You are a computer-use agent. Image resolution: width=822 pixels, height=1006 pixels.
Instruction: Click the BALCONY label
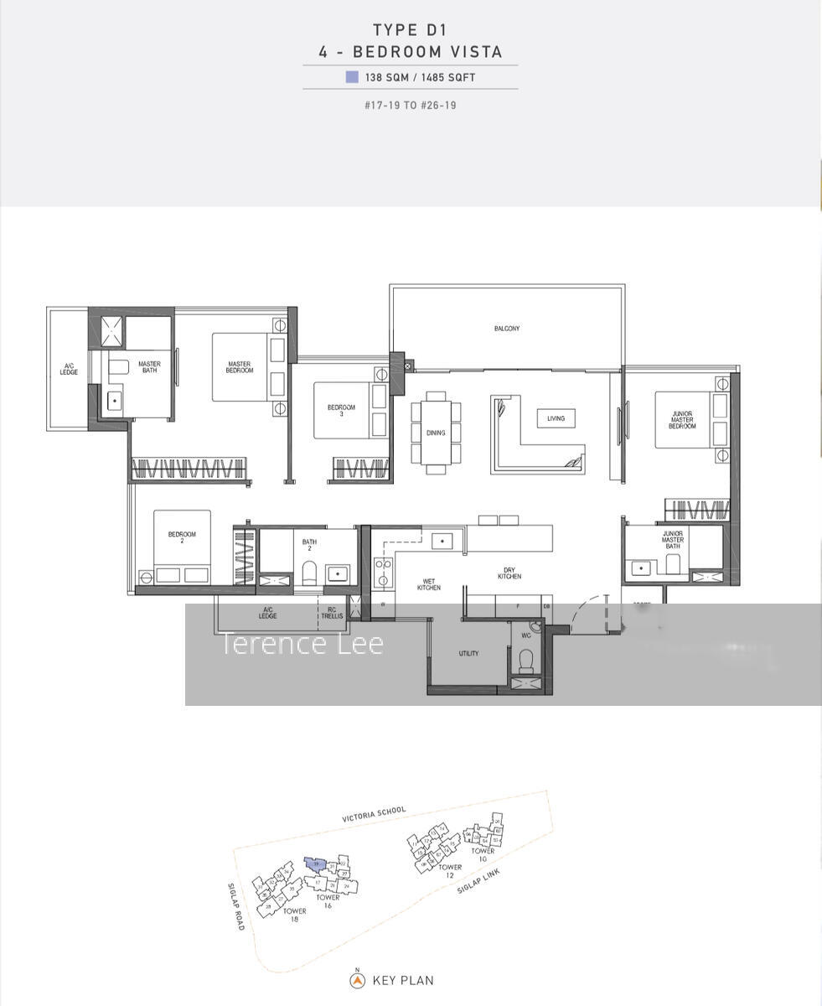click(x=506, y=329)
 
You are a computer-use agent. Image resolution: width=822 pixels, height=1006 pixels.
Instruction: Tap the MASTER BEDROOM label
click(x=239, y=367)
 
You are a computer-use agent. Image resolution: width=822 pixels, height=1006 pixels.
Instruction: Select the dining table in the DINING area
click(x=436, y=433)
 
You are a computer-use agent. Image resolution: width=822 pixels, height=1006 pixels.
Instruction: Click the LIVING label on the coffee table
click(x=556, y=418)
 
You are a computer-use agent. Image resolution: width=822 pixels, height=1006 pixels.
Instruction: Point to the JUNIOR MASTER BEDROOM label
click(x=681, y=419)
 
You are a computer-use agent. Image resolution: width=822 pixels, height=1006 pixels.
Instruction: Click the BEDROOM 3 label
click(x=341, y=411)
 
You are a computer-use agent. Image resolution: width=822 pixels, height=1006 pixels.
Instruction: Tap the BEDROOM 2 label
click(x=182, y=537)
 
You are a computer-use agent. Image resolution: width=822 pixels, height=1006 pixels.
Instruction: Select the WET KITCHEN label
click(x=428, y=584)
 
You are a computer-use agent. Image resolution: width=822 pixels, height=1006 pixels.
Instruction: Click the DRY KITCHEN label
click(x=509, y=573)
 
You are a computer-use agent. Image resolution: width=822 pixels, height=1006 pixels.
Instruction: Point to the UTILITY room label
click(x=468, y=653)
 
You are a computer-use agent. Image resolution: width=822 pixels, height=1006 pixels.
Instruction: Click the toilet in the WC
click(x=526, y=663)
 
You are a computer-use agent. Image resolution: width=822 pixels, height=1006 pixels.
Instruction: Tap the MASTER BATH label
click(x=149, y=367)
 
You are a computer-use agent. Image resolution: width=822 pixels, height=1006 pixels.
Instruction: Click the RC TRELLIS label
click(x=331, y=613)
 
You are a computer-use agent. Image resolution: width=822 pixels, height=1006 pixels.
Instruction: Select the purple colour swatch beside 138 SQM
click(x=352, y=77)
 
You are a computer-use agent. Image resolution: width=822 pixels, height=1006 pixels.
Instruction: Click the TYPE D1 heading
click(x=410, y=30)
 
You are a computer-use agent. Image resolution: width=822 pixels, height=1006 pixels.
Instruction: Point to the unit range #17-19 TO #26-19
click(x=410, y=106)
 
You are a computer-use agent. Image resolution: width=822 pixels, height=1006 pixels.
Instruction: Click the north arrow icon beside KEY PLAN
click(x=357, y=980)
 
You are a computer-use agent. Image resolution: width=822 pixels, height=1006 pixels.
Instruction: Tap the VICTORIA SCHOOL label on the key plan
click(x=374, y=815)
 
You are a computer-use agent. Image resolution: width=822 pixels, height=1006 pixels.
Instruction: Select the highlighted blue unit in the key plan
click(x=315, y=864)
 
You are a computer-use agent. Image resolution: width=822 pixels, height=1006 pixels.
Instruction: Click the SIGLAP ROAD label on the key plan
click(x=235, y=905)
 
